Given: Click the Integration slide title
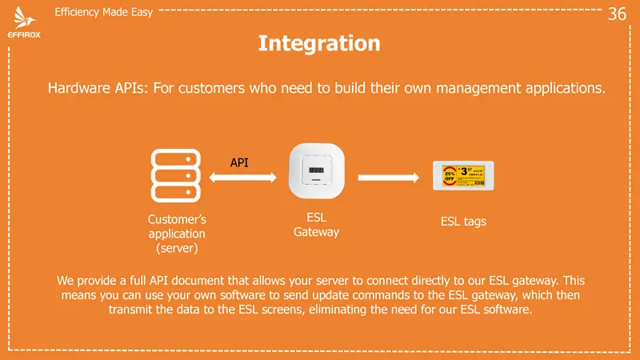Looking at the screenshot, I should pyautogui.click(x=319, y=42).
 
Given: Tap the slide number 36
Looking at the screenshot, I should pyautogui.click(x=617, y=14).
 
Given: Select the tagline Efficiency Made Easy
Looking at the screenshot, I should pyautogui.click(x=103, y=13).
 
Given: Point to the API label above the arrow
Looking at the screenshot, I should pyautogui.click(x=239, y=162).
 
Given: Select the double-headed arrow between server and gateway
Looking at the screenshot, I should pyautogui.click(x=240, y=178).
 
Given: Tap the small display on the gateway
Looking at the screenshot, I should pyautogui.click(x=317, y=170).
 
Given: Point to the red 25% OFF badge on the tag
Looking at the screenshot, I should pyautogui.click(x=450, y=175).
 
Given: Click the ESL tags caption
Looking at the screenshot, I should pyautogui.click(x=463, y=222).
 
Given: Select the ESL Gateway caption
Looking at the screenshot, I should pyautogui.click(x=317, y=225).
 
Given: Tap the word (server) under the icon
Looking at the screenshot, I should pyautogui.click(x=177, y=249).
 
